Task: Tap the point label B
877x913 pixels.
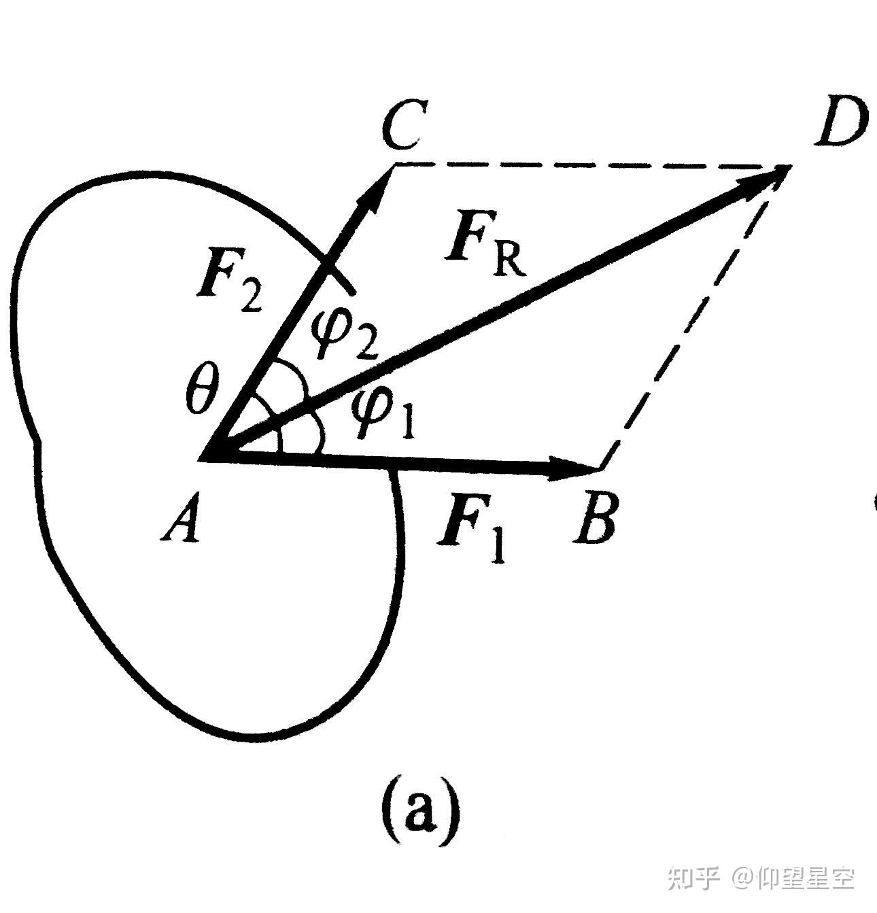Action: pos(596,521)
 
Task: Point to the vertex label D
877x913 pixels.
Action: pos(842,122)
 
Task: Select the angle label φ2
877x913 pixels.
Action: pos(344,334)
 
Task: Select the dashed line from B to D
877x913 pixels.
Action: pos(693,320)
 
